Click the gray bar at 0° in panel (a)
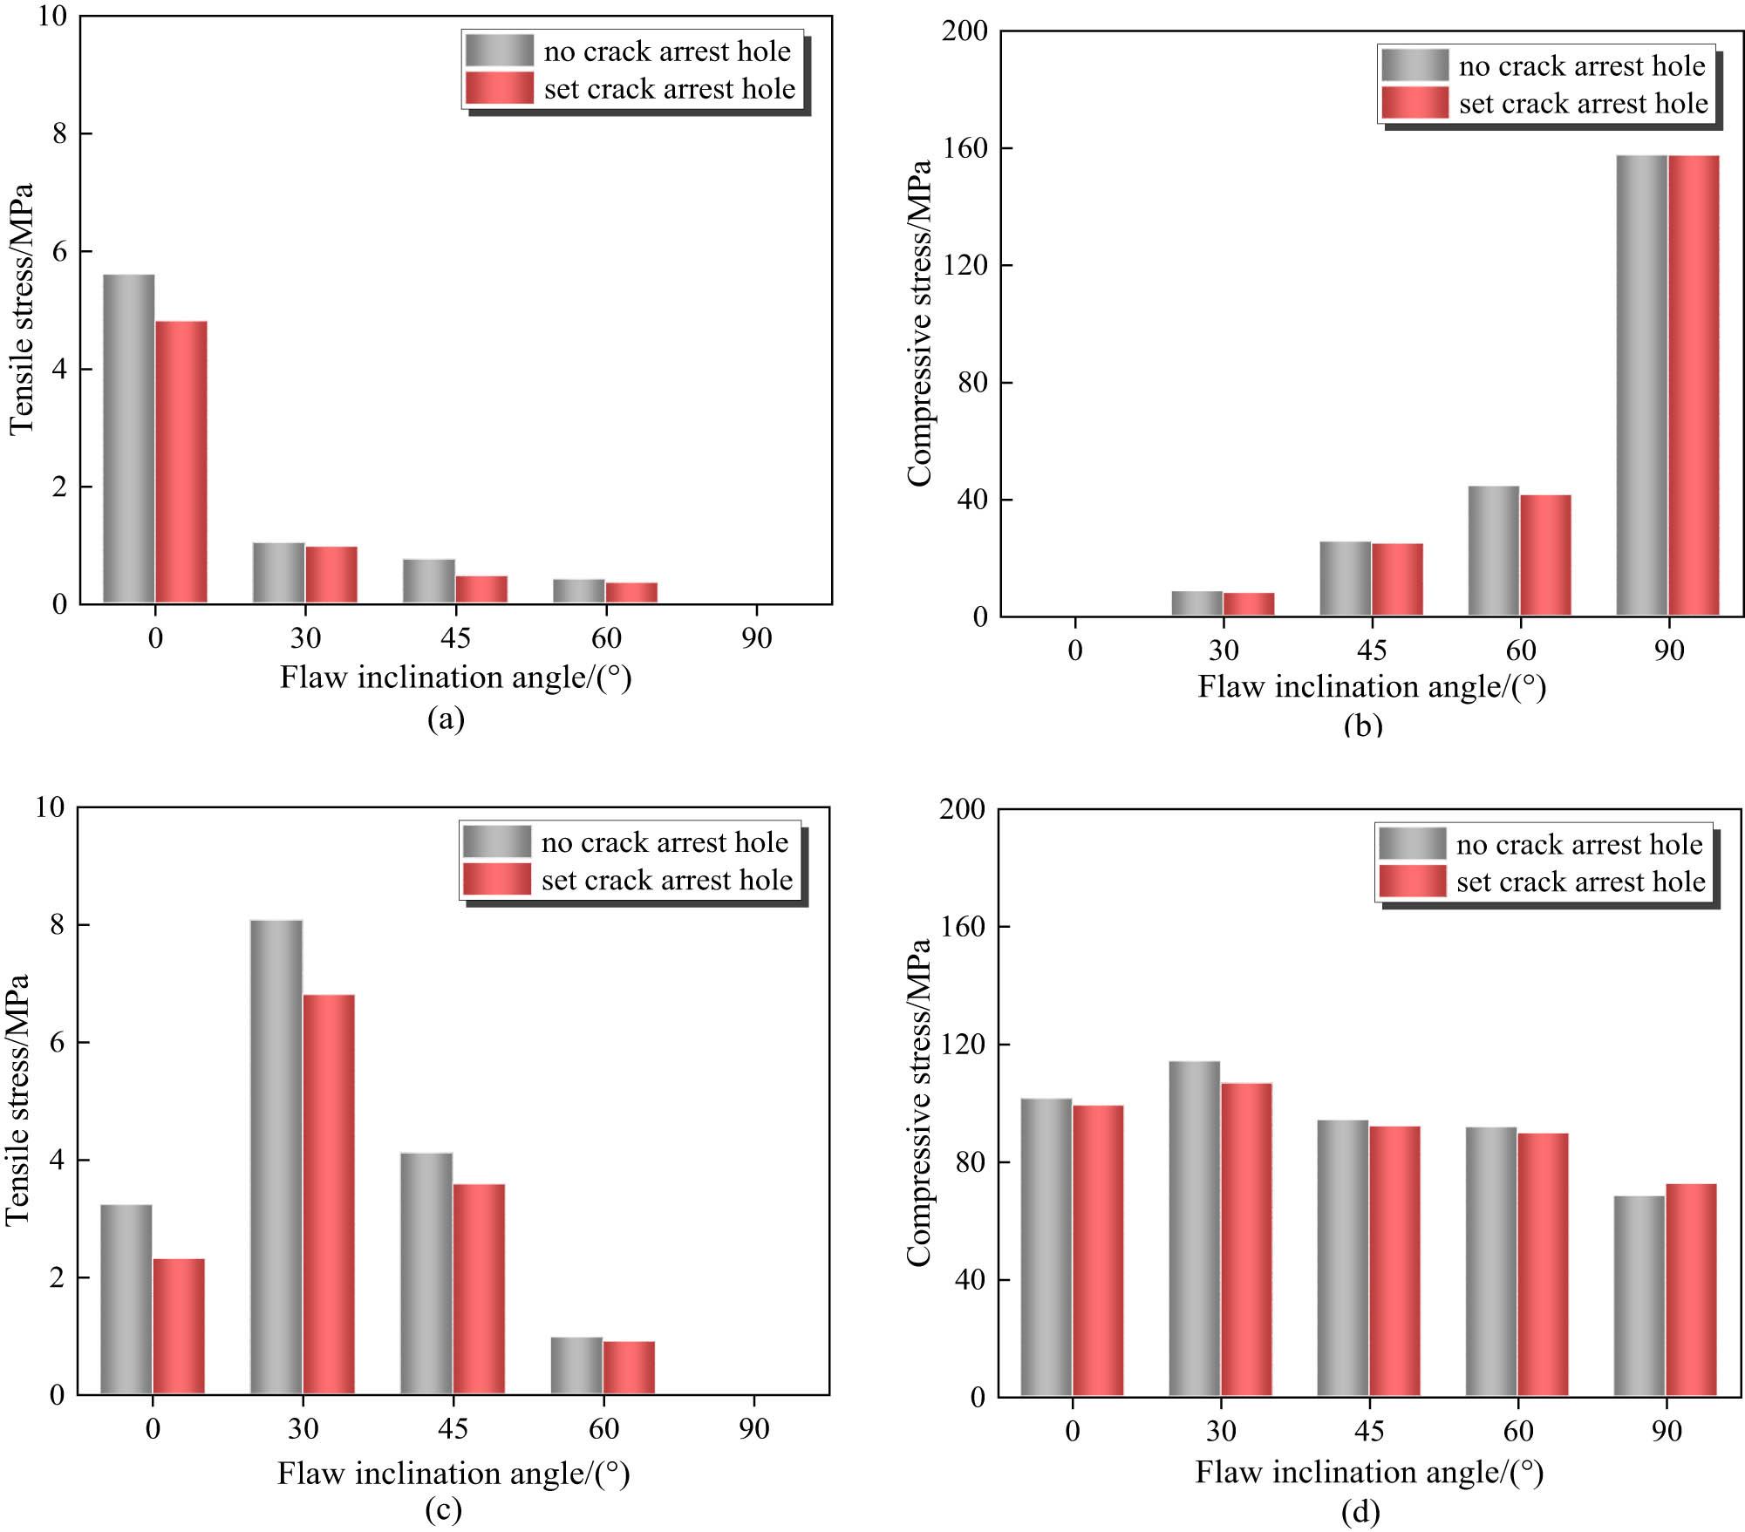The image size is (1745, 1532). pyautogui.click(x=129, y=439)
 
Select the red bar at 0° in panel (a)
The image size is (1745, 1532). pyautogui.click(x=181, y=462)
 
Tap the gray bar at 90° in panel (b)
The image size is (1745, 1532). pyautogui.click(x=1641, y=385)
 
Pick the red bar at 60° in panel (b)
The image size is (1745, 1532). pyautogui.click(x=1545, y=555)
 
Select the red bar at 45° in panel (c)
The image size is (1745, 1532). pyautogui.click(x=479, y=1289)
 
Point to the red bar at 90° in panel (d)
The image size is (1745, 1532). pyautogui.click(x=1691, y=1290)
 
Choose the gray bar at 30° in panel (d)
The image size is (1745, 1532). pyautogui.click(x=1195, y=1229)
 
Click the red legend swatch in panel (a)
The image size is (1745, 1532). pyautogui.click(x=500, y=88)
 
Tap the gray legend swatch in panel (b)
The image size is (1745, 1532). pyautogui.click(x=1414, y=65)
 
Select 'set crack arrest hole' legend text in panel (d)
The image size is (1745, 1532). pyautogui.click(x=1580, y=882)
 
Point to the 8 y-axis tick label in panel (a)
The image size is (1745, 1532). pyautogui.click(x=59, y=133)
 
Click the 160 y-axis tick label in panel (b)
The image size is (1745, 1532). pyautogui.click(x=966, y=148)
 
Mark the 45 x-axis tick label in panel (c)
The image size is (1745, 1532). pyautogui.click(x=453, y=1429)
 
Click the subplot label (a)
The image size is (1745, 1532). pyautogui.click(x=446, y=718)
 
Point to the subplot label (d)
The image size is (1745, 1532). pyautogui.click(x=1360, y=1512)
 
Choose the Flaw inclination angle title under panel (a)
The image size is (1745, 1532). pyautogui.click(x=455, y=677)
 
